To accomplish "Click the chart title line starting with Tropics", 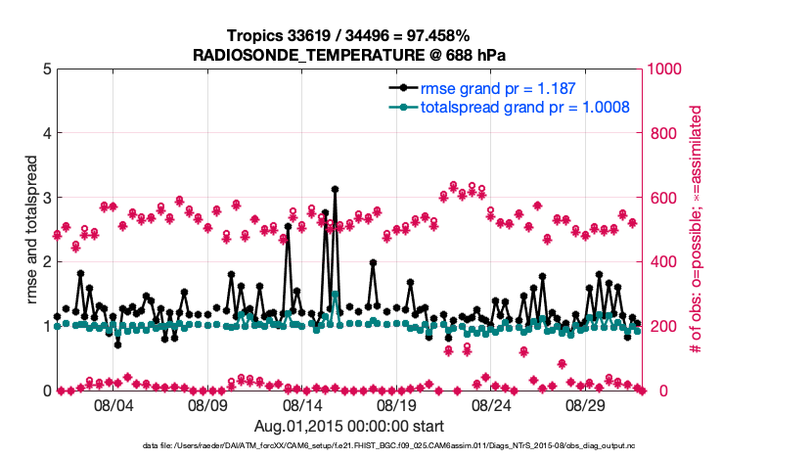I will [349, 35].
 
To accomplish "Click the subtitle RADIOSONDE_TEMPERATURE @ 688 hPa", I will [349, 54].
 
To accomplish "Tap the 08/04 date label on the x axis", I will [113, 405].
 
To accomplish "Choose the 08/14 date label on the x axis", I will [302, 405].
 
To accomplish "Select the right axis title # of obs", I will [697, 230].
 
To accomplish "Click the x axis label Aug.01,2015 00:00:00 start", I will [349, 426].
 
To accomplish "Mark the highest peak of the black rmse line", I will [335, 189].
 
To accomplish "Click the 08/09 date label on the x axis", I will [207, 405].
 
